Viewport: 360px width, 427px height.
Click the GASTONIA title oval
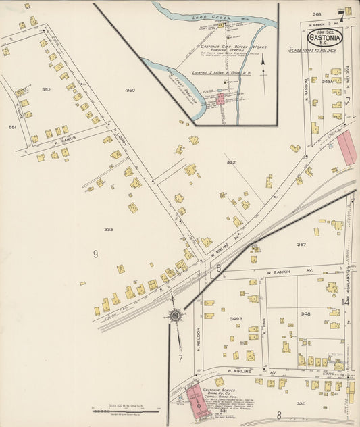[325, 38]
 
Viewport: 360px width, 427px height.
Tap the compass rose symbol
[175, 315]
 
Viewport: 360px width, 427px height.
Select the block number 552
[47, 89]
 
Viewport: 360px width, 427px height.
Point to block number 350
[130, 90]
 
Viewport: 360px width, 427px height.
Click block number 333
[108, 230]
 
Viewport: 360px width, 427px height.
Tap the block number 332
[231, 162]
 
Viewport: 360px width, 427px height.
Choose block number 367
[301, 245]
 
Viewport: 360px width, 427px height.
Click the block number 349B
[236, 318]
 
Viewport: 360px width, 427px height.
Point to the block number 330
[301, 403]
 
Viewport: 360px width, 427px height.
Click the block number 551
[11, 126]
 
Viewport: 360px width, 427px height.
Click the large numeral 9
[96, 254]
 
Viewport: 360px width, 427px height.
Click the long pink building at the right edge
[347, 148]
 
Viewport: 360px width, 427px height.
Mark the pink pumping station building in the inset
[220, 99]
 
